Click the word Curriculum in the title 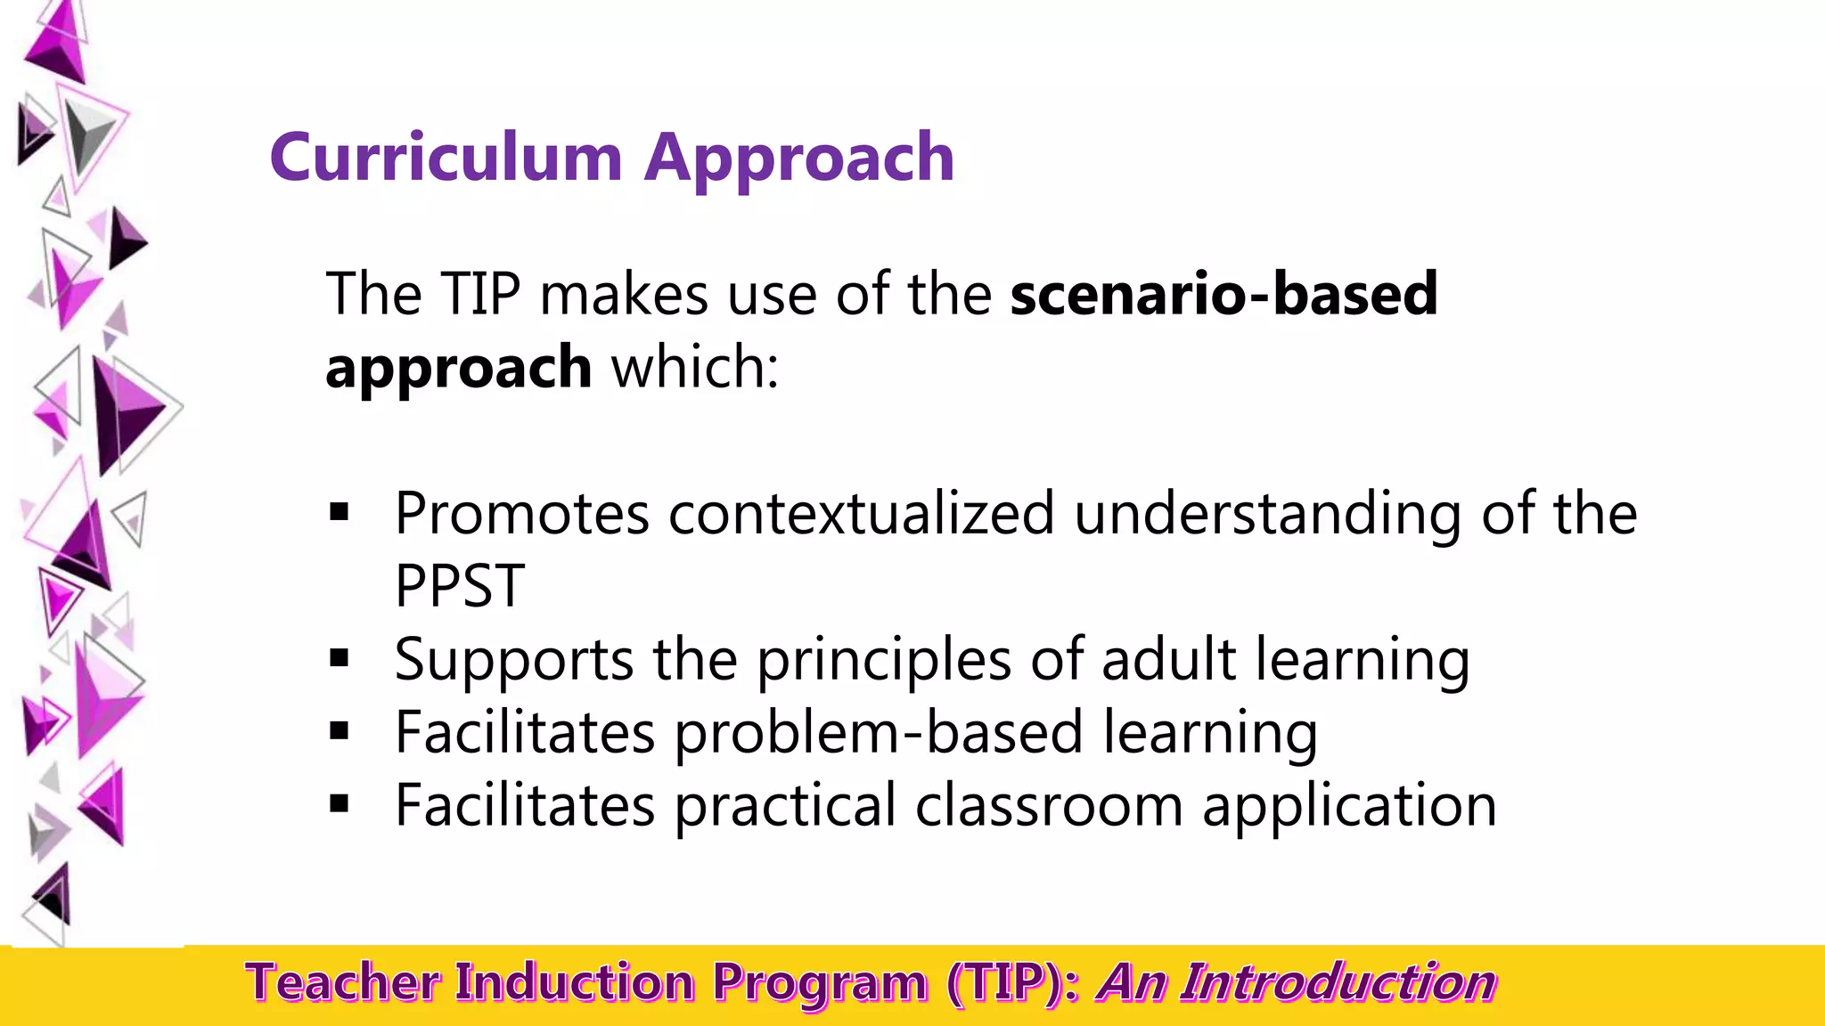tap(446, 158)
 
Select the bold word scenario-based tap(1223, 294)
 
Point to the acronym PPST tap(459, 586)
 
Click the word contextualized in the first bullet tap(861, 514)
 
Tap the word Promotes tap(522, 514)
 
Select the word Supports tap(514, 661)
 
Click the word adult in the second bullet tap(1168, 659)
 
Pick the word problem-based tap(878, 733)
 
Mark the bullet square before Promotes tap(339, 512)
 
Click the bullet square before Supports tap(339, 658)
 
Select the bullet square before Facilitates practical tap(339, 804)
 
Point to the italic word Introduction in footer tap(1338, 983)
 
